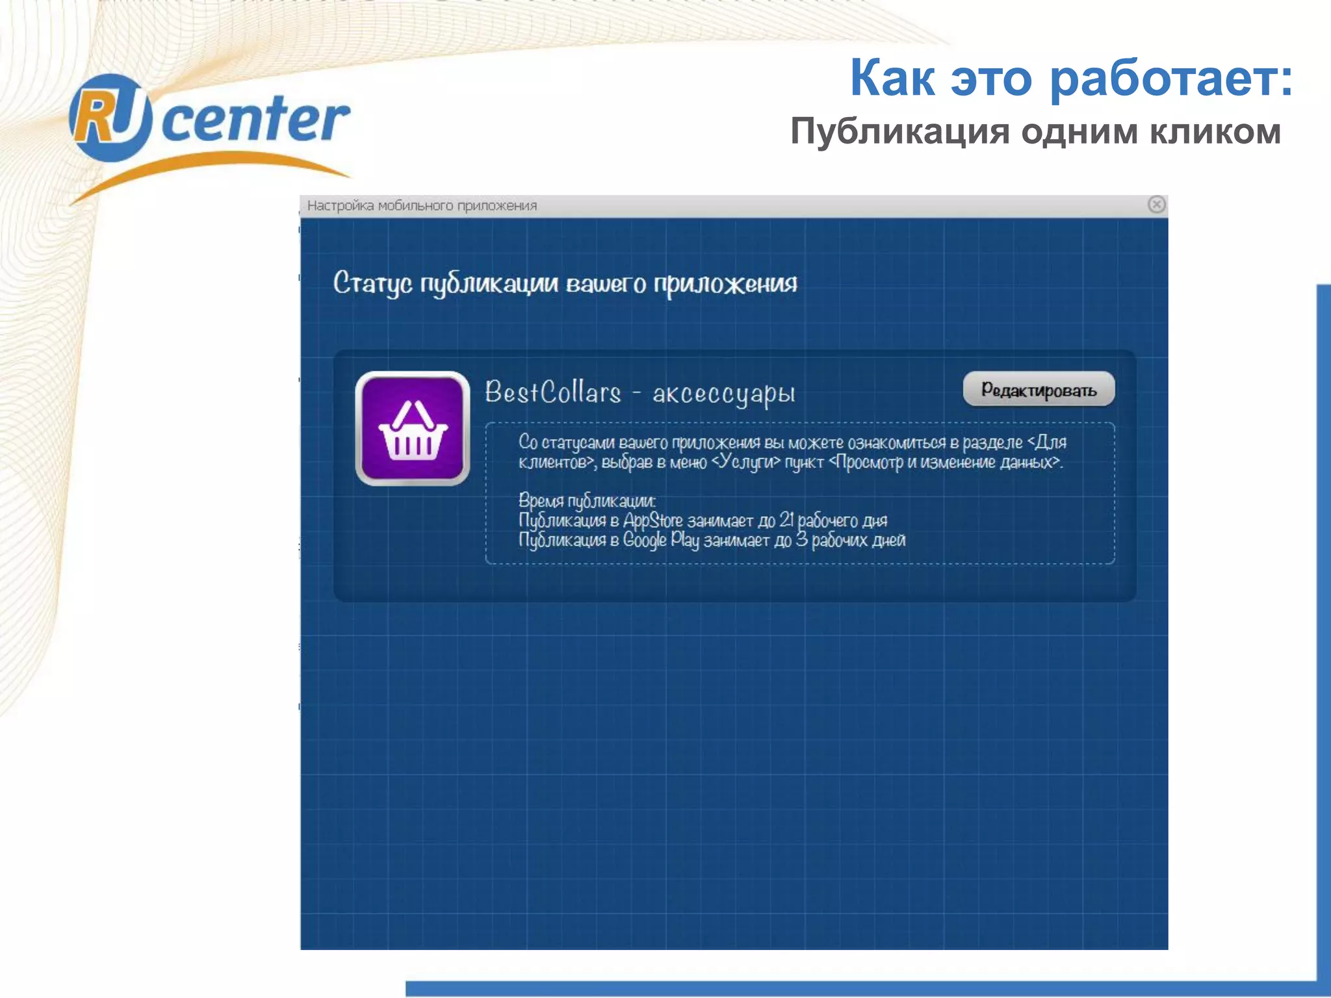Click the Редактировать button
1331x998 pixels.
[x=1039, y=389]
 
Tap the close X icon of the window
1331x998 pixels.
[x=1156, y=205]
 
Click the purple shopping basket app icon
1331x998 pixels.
[x=413, y=429]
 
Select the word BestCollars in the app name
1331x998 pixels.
[x=553, y=392]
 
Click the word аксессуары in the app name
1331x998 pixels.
[x=723, y=394]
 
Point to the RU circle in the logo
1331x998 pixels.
[x=110, y=118]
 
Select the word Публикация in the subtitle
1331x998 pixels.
[x=900, y=132]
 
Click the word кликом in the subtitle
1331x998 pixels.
[x=1215, y=132]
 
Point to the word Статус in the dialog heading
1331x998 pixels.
[x=372, y=283]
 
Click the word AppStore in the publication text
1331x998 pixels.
[x=653, y=520]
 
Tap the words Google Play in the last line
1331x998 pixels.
[x=660, y=540]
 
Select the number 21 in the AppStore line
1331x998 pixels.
[x=786, y=520]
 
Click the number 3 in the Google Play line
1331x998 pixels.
[x=802, y=539]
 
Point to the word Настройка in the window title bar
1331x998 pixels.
[x=340, y=206]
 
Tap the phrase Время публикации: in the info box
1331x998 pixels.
[x=587, y=501]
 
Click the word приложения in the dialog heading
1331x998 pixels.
[x=725, y=284]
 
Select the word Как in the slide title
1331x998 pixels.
[x=892, y=78]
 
